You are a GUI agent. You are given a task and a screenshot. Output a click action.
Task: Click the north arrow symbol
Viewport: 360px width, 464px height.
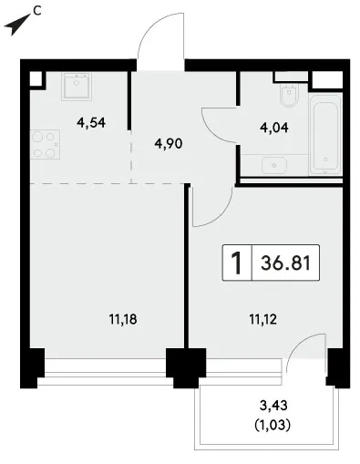click(15, 25)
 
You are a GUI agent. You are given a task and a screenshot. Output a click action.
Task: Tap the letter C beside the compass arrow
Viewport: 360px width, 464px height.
click(37, 11)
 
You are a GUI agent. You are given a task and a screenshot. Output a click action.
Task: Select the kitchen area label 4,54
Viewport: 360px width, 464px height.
click(91, 123)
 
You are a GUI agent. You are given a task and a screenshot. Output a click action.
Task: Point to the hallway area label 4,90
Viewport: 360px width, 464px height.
click(169, 143)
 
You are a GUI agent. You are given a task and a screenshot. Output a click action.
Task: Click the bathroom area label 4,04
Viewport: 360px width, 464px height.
click(274, 128)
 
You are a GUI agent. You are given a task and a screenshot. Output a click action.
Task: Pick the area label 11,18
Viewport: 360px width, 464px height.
click(123, 319)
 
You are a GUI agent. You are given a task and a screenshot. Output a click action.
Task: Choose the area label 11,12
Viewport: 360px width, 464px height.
click(263, 319)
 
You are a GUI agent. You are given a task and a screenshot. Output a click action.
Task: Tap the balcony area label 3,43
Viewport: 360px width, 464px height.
click(273, 405)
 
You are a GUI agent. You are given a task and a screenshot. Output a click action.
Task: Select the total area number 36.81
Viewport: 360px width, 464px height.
click(285, 263)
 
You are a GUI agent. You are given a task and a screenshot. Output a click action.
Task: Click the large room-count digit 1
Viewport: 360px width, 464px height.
click(237, 263)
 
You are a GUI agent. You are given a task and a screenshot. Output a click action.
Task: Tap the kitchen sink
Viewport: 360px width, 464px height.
click(77, 87)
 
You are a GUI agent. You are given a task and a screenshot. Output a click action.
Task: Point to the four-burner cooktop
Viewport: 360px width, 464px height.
click(45, 145)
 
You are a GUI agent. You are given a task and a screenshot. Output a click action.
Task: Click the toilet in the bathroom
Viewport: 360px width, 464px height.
click(289, 95)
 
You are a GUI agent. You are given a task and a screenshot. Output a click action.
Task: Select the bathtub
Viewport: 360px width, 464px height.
click(325, 135)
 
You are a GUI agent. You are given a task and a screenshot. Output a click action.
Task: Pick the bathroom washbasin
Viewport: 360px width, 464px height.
click(273, 165)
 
